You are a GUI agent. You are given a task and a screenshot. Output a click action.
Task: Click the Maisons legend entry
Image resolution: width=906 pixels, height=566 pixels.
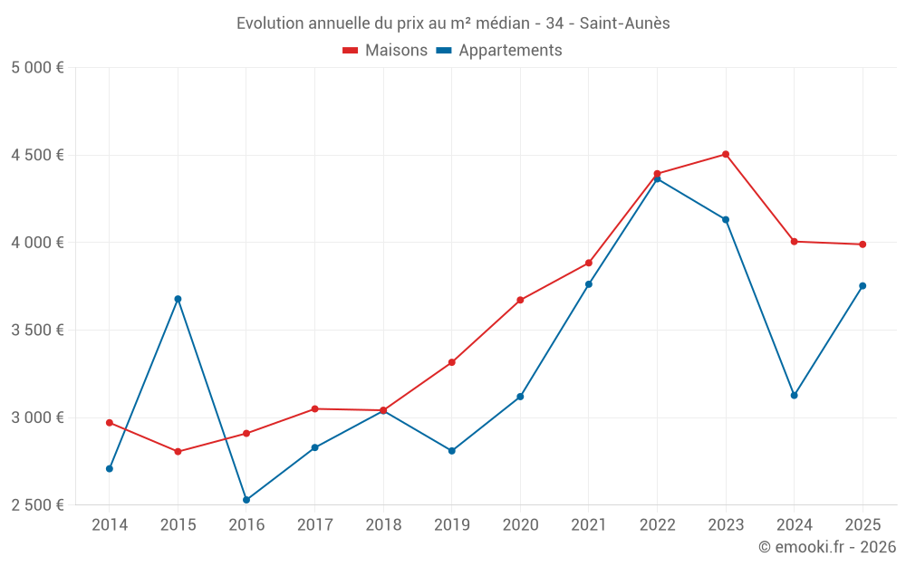tap(385, 51)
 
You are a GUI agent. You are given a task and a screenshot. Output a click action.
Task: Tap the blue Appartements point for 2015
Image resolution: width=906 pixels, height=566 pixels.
tap(178, 299)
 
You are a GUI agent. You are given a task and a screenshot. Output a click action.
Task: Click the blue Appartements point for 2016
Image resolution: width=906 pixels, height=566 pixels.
tap(246, 500)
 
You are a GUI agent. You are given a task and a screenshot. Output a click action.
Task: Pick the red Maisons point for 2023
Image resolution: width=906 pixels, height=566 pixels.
tap(726, 154)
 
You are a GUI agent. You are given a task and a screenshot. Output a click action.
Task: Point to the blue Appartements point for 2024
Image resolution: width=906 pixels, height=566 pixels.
tap(795, 395)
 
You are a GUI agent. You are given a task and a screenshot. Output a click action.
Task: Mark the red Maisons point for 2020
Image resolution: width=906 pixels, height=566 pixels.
tap(520, 300)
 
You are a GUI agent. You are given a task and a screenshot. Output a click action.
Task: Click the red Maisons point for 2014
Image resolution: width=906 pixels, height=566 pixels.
tap(110, 423)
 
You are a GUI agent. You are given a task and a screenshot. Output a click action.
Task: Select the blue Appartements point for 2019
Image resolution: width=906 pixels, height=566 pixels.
tap(452, 451)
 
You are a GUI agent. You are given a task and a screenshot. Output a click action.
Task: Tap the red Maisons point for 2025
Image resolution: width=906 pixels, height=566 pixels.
tap(863, 245)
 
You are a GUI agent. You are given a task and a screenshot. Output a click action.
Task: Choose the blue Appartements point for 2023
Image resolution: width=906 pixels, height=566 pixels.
tap(726, 219)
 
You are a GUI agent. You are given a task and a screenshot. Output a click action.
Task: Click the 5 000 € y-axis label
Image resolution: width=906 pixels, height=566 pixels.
tap(37, 68)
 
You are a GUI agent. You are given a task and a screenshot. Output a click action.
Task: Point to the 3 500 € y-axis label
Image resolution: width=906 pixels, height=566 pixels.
tap(37, 331)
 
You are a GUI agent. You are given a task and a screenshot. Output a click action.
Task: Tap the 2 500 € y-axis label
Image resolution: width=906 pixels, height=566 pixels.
tap(37, 505)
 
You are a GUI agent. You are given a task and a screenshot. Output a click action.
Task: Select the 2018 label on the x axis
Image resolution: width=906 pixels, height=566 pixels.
tap(383, 525)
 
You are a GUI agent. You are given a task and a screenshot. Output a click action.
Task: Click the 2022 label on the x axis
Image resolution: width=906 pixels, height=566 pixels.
tap(657, 525)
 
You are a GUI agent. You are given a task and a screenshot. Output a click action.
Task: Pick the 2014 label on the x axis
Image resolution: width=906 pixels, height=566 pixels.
tap(110, 525)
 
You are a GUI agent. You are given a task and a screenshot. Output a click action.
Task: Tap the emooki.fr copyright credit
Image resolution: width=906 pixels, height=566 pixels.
tap(827, 547)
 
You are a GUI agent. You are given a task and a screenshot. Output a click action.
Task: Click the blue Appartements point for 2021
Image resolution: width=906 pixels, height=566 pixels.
tap(589, 284)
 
